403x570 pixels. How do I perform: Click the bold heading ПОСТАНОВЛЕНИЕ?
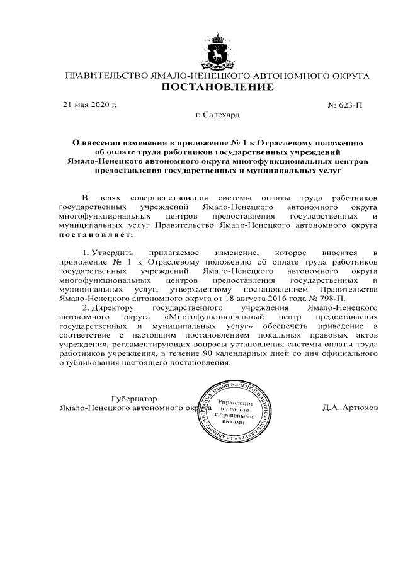pos(218,87)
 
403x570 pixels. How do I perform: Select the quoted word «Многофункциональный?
pos(208,309)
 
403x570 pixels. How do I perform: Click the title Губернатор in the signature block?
pos(133,399)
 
